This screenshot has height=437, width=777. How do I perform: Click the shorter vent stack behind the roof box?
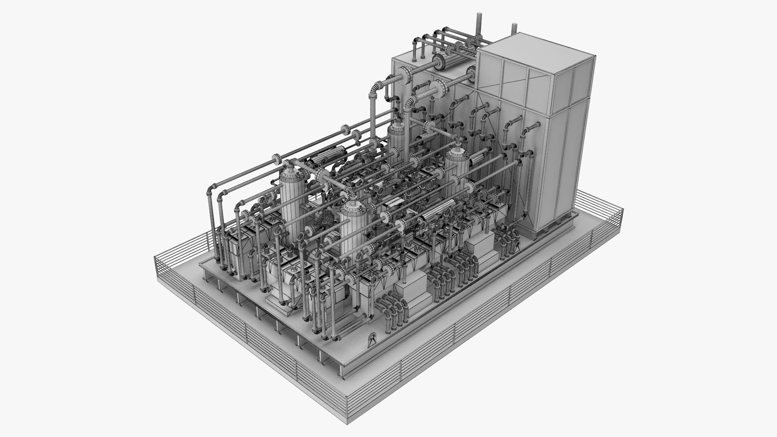tap(514, 29)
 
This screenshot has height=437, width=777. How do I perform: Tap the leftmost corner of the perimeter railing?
tap(155, 259)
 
